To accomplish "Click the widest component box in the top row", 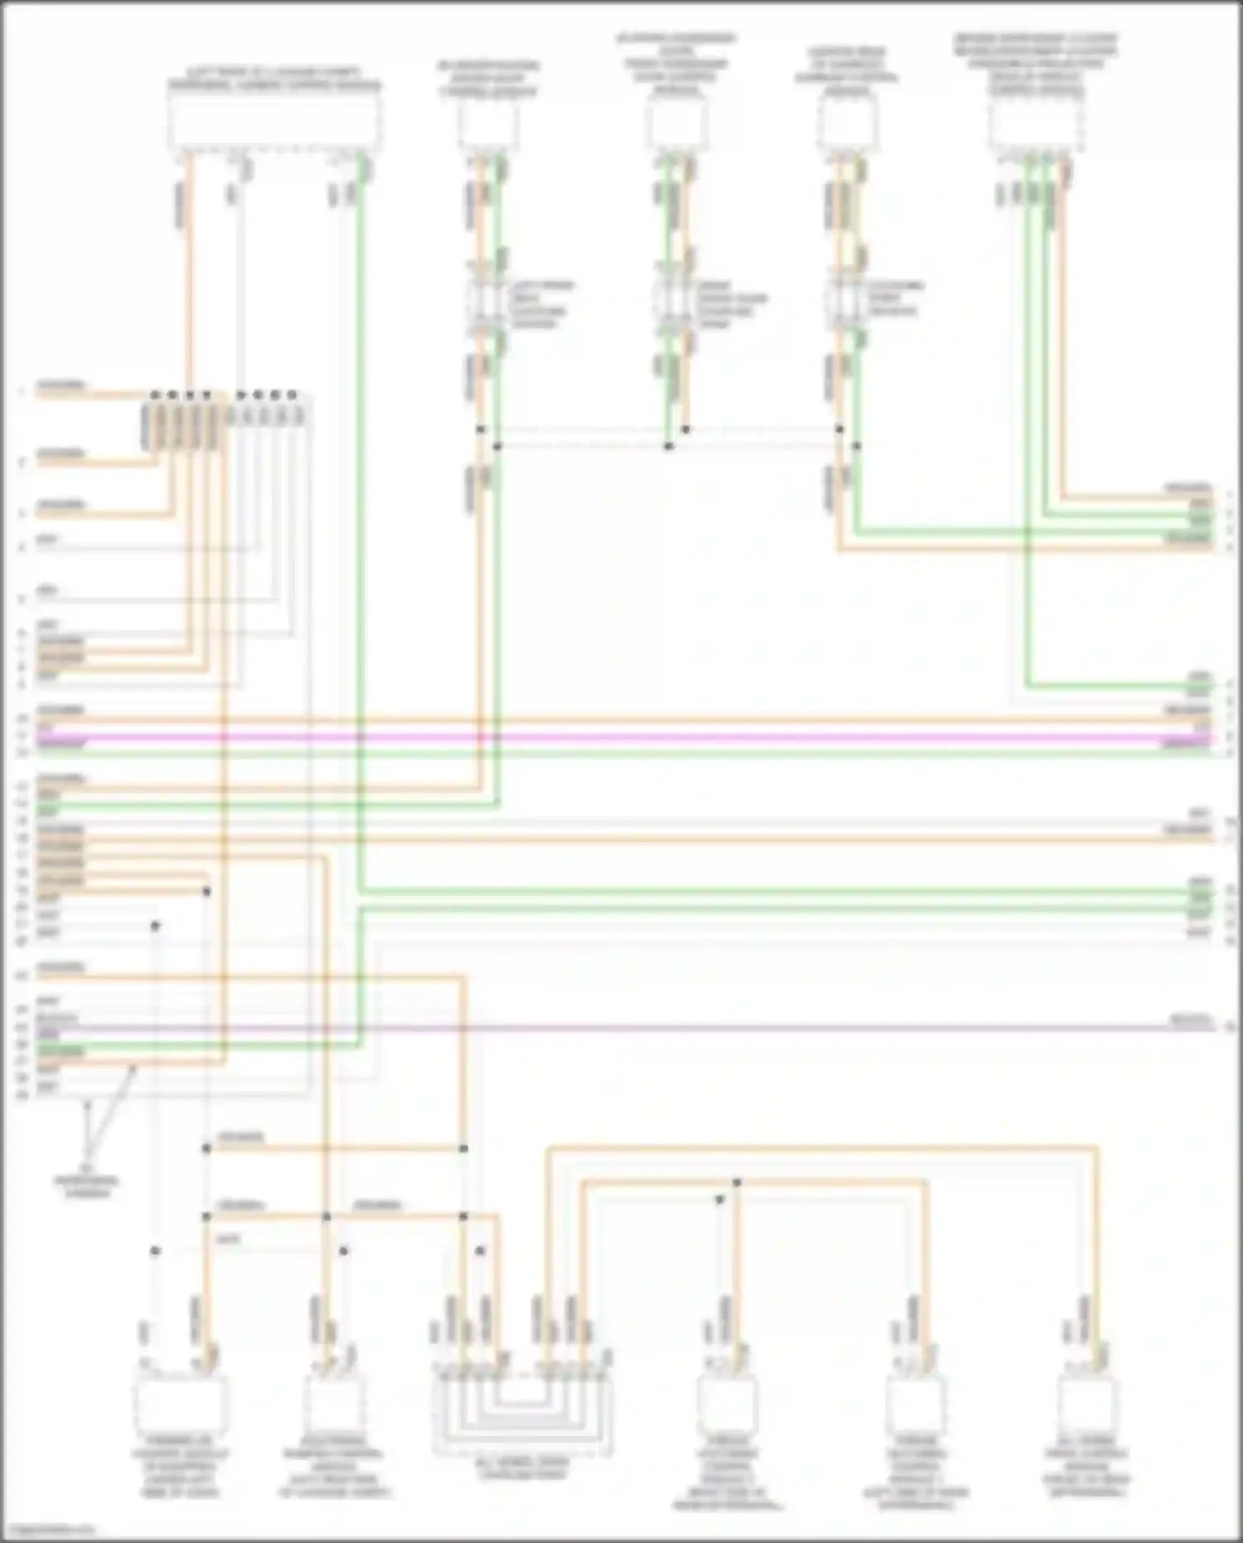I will [274, 122].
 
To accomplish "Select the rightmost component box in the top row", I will [1037, 125].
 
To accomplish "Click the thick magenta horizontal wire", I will [621, 736].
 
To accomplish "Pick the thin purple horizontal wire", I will [621, 1027].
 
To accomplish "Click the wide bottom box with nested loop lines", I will [522, 1409].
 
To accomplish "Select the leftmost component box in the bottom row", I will [180, 1402].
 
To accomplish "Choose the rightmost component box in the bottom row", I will [1087, 1402].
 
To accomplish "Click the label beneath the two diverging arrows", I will [87, 1186].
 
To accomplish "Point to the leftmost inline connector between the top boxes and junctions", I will [486, 303].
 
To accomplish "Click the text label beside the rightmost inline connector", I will [895, 298].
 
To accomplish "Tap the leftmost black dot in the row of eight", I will [154, 395].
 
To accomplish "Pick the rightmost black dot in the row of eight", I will [292, 395].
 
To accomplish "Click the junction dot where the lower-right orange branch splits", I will [737, 1182].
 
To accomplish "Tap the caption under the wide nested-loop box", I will [522, 1468].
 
